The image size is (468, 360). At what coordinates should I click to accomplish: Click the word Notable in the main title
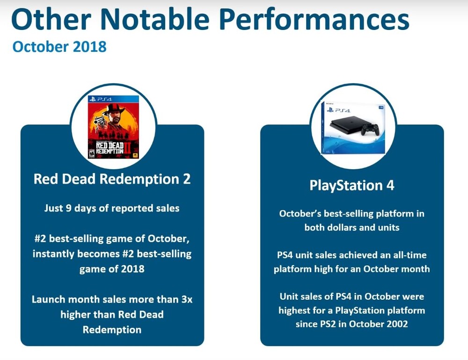pos(156,19)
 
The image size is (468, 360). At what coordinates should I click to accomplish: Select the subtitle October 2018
pos(59,47)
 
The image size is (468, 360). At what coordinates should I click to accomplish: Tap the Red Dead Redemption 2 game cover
pos(113,127)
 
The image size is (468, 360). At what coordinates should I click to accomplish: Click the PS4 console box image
pos(353,128)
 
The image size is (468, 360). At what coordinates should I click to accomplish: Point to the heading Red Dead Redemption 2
pos(112,179)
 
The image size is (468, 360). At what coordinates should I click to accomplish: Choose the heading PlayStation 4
pos(352,185)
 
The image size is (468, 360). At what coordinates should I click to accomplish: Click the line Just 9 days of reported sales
pos(112,208)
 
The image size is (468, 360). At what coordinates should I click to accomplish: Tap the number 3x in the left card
pos(187,299)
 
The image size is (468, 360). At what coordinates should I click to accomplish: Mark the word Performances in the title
pos(314,19)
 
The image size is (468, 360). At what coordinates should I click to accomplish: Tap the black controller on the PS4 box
pos(370,129)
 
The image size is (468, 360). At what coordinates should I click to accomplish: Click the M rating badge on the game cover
pos(92,153)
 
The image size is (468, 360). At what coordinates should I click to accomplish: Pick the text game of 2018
pos(112,269)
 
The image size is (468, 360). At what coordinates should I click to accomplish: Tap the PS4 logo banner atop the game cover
pos(113,99)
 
